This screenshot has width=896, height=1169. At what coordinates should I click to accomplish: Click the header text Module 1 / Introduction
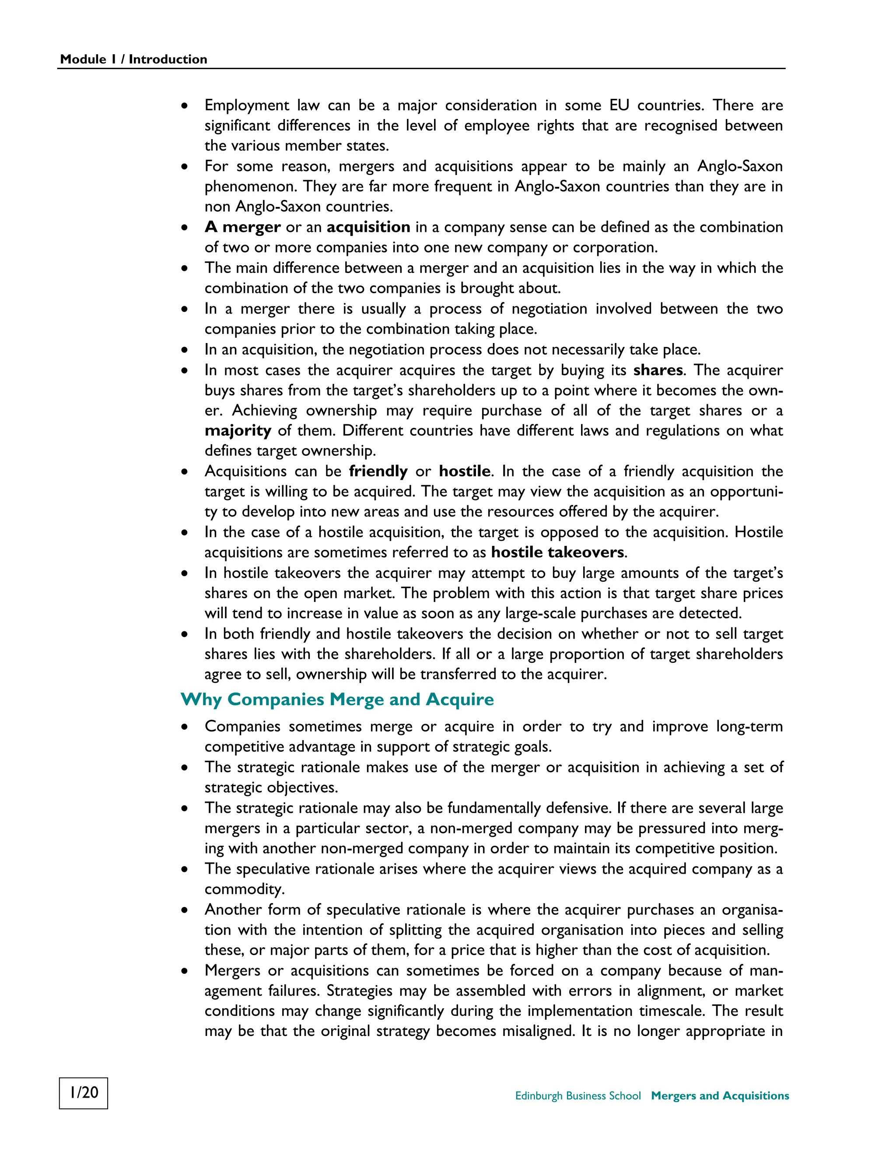pos(133,59)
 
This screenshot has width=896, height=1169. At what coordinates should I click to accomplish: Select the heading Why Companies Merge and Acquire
pos(337,699)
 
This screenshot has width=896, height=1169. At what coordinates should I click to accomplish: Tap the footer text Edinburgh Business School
pos(577,1095)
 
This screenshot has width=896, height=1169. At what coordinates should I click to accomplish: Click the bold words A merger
pos(243,227)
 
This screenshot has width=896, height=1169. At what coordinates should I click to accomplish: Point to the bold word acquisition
pos(368,227)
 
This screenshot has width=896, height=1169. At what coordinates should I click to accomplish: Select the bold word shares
pos(658,370)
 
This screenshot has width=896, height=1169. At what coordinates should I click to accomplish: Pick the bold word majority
pos(238,430)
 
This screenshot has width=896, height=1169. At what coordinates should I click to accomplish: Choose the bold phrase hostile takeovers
pos(557,552)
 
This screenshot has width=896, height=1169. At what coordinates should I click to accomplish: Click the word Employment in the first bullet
pos(247,105)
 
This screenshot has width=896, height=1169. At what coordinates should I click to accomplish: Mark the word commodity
pos(244,889)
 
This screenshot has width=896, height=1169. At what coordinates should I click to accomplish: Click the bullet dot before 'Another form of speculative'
pos(185,910)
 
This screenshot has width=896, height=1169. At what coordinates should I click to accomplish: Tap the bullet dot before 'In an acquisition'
pos(185,350)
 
